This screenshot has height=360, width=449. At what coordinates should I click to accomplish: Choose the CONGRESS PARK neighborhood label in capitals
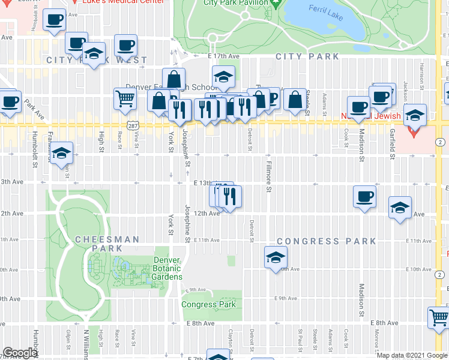pyautogui.click(x=326, y=241)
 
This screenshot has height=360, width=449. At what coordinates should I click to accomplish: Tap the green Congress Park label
pyautogui.click(x=208, y=304)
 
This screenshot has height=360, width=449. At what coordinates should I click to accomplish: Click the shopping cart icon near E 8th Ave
pyautogui.click(x=439, y=317)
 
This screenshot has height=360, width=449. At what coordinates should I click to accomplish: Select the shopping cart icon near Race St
pyautogui.click(x=124, y=98)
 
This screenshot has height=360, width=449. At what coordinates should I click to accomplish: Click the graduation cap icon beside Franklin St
pyautogui.click(x=62, y=154)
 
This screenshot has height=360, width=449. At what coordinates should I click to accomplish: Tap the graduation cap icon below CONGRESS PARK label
pyautogui.click(x=276, y=257)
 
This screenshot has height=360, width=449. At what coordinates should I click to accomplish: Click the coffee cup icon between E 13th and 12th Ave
pyautogui.click(x=364, y=197)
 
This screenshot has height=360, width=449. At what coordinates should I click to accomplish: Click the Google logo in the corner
pyautogui.click(x=20, y=353)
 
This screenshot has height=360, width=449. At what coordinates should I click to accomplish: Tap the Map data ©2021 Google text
pyautogui.click(x=411, y=355)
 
